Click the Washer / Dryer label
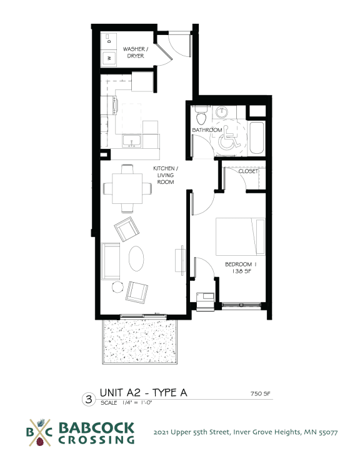pyautogui.click(x=134, y=52)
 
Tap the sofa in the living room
pyautogui.click(x=111, y=261)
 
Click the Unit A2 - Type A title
pyautogui.click(x=143, y=393)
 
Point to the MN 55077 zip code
pyautogui.click(x=321, y=432)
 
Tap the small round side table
pyautogui.click(x=117, y=286)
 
